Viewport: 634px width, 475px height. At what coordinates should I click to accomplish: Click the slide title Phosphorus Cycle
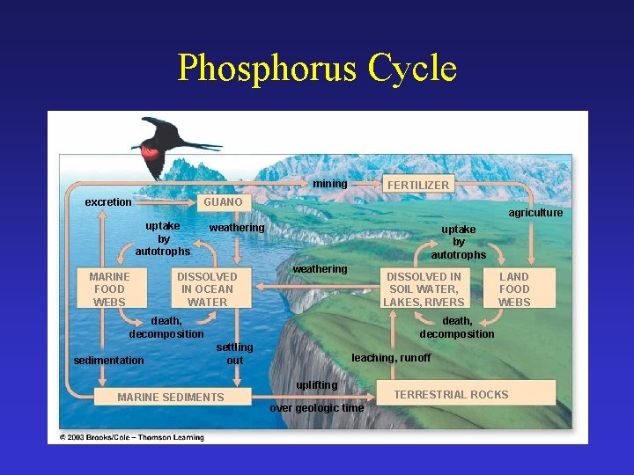(317, 69)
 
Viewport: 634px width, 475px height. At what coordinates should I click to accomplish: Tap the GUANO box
(223, 202)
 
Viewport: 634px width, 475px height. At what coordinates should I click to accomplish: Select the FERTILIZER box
(418, 185)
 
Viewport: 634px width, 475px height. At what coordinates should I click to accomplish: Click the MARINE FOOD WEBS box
(109, 289)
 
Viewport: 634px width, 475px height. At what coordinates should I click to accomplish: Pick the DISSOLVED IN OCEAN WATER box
(207, 289)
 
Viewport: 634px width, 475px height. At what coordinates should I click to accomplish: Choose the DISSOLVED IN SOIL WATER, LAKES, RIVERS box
(424, 289)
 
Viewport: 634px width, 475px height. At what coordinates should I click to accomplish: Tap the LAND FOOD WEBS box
(514, 289)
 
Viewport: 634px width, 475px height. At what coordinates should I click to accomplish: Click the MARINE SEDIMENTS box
(171, 397)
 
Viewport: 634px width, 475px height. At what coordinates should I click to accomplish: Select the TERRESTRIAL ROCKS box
(451, 394)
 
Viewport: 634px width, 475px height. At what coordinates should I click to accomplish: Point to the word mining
(330, 184)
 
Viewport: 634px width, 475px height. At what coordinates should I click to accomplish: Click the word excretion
(108, 202)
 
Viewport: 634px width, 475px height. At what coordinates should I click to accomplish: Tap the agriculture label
(535, 213)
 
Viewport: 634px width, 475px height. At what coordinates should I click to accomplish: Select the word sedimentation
(108, 360)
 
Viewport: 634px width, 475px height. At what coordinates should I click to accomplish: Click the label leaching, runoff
(391, 357)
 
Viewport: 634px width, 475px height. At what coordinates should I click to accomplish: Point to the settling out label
(234, 354)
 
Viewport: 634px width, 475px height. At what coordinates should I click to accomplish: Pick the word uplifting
(316, 385)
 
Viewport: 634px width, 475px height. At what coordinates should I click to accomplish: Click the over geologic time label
(316, 408)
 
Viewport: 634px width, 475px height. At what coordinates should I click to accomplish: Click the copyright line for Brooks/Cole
(131, 437)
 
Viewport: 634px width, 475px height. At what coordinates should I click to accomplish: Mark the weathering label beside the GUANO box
(236, 228)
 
